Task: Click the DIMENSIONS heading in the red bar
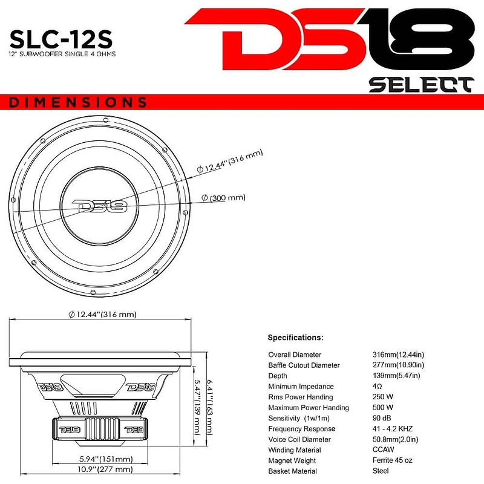click(78, 102)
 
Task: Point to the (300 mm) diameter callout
click(224, 198)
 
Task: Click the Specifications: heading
click(295, 338)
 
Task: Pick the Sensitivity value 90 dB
click(382, 418)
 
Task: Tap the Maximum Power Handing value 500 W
click(383, 408)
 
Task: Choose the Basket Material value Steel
click(381, 471)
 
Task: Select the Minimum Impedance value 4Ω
click(378, 387)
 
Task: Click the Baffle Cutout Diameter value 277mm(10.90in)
click(398, 365)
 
